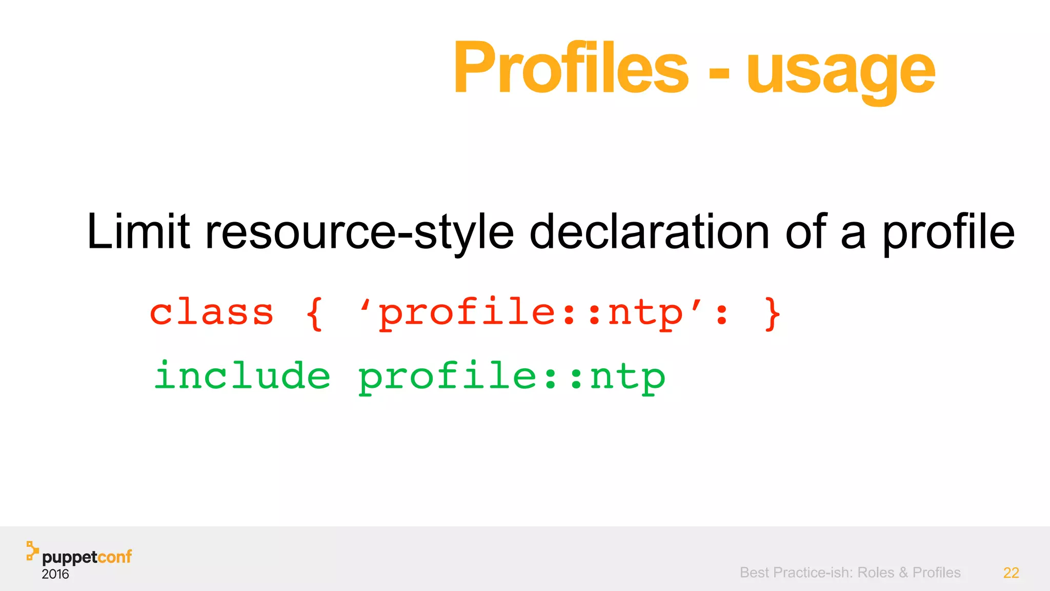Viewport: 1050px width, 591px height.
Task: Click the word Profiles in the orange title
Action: click(570, 68)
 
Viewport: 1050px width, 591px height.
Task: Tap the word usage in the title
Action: click(841, 72)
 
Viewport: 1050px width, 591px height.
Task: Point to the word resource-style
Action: click(359, 233)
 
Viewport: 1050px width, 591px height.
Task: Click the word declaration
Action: click(649, 232)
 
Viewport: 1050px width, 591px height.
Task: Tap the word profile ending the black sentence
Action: click(948, 233)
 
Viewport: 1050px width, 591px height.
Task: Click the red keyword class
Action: click(211, 312)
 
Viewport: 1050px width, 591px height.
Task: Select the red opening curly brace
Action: click(314, 313)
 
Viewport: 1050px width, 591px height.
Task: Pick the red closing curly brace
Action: click(772, 313)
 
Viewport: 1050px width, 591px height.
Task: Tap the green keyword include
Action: click(243, 376)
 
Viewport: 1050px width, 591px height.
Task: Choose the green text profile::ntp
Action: click(511, 378)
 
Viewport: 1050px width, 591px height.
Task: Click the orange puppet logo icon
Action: click(32, 550)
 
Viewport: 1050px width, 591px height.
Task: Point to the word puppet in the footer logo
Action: click(69, 558)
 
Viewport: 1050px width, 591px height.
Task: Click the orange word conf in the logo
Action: click(114, 557)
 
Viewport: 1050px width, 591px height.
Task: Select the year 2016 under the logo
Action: click(55, 574)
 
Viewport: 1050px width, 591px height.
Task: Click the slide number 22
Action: click(1011, 573)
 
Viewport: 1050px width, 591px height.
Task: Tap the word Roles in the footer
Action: click(876, 573)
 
